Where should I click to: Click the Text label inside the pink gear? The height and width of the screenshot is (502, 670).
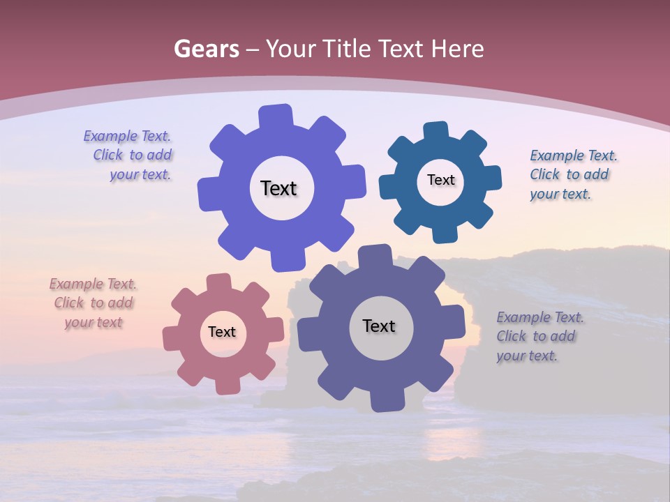[222, 332]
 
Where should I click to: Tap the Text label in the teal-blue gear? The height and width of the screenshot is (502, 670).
[440, 180]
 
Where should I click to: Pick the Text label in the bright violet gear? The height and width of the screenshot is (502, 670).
[278, 188]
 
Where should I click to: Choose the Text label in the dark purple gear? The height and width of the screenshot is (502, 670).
[379, 326]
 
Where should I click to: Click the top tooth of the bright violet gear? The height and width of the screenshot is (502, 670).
[276, 116]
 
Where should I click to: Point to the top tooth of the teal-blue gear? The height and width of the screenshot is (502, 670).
[435, 132]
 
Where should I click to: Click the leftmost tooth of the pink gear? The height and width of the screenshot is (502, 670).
[172, 340]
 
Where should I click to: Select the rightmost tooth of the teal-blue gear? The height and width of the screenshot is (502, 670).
[491, 178]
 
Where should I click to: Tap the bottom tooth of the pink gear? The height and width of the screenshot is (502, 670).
[227, 384]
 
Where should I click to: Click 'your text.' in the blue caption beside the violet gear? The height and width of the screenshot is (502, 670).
[140, 175]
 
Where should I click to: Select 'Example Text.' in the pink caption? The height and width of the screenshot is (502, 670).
[93, 284]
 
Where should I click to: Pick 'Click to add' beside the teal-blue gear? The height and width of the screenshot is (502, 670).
[569, 174]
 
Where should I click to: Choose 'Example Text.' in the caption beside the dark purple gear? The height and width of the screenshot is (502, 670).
[540, 317]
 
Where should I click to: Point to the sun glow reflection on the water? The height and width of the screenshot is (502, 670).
[447, 439]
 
